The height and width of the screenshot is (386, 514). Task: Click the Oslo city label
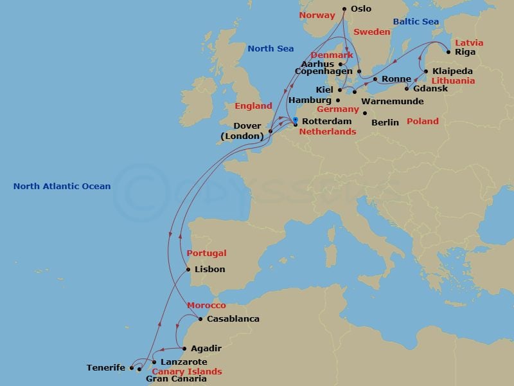pyautogui.click(x=361, y=9)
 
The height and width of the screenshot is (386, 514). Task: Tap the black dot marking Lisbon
pyautogui.click(x=188, y=270)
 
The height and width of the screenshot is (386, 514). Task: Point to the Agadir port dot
pyautogui.click(x=185, y=349)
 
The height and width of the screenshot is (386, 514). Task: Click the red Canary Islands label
pyautogui.click(x=186, y=371)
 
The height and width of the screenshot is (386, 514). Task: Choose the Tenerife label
pyautogui.click(x=105, y=368)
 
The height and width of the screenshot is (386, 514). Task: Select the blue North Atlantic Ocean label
pyautogui.click(x=62, y=187)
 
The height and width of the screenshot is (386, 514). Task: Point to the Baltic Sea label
pyautogui.click(x=416, y=22)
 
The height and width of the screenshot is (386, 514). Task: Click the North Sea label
pyautogui.click(x=270, y=49)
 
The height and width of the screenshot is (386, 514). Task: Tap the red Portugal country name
pyautogui.click(x=206, y=253)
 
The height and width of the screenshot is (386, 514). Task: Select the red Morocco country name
pyautogui.click(x=206, y=306)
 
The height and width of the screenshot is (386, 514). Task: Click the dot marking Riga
pyautogui.click(x=448, y=51)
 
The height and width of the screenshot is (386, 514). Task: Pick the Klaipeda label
pyautogui.click(x=452, y=71)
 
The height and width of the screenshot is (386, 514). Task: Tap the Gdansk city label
pyautogui.click(x=430, y=88)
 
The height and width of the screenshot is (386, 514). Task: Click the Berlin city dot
pyautogui.click(x=365, y=113)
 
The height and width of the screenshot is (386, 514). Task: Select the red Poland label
pyautogui.click(x=423, y=121)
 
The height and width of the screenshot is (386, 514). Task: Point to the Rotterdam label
pyautogui.click(x=326, y=121)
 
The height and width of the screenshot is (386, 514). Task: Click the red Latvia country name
pyautogui.click(x=469, y=42)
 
